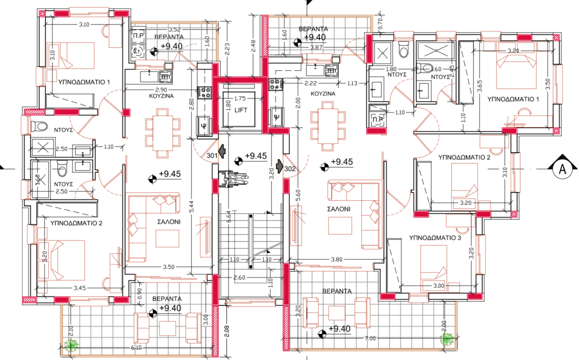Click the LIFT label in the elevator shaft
(241, 110)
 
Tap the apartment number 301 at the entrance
(212, 155)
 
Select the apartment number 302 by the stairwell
(290, 168)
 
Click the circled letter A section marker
(562, 168)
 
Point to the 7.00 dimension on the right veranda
(370, 338)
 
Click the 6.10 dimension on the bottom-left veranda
(136, 348)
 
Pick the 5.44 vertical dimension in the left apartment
(192, 210)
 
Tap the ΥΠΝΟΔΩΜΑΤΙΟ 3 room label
(435, 238)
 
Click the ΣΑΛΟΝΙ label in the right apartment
(339, 209)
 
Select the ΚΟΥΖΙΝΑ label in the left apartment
(161, 96)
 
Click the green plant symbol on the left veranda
(72, 345)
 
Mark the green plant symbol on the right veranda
(447, 339)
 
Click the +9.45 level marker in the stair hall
(255, 156)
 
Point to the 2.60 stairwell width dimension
(239, 277)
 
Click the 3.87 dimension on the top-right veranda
(316, 47)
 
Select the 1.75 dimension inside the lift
(240, 99)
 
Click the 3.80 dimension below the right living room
(336, 259)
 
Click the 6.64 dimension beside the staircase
(229, 217)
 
